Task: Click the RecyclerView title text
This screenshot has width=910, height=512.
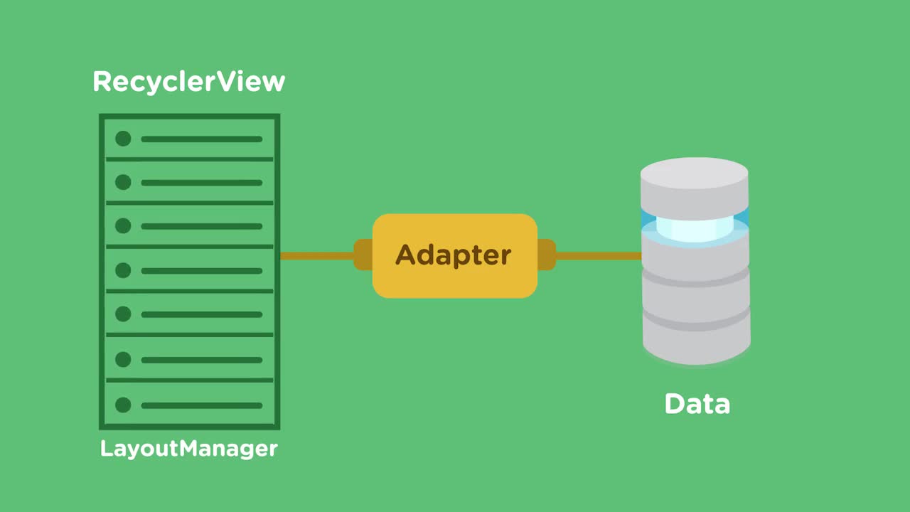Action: pos(188,82)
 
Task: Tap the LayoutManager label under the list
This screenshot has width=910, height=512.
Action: pos(188,449)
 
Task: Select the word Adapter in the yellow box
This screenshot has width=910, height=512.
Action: pos(454,255)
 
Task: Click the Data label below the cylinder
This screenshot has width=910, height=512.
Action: pos(697,404)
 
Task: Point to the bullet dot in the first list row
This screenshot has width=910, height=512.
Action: pos(123,139)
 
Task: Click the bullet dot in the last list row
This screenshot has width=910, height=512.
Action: pos(123,405)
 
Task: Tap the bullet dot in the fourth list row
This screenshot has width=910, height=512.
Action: pos(123,270)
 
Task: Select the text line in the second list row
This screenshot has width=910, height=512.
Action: pos(202,183)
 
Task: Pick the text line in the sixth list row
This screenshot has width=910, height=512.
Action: pos(202,360)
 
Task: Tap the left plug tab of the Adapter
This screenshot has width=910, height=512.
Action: pos(363,255)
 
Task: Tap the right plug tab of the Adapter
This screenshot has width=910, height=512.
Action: pos(546,255)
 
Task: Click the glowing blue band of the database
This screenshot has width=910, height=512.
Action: pos(695,226)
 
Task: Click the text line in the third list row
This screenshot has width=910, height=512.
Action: pos(202,226)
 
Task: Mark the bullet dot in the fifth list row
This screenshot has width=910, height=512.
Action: pos(123,314)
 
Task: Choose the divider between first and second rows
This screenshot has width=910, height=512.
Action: pos(189,159)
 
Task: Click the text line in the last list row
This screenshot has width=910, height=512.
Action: pos(202,405)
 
